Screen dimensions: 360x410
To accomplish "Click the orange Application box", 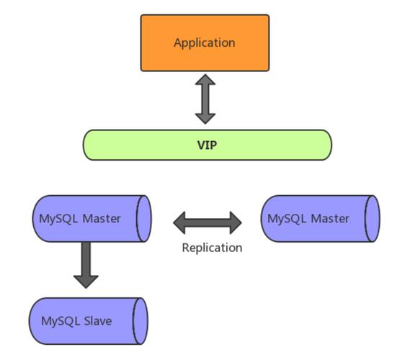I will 205,43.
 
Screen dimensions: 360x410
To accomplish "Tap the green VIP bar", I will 208,145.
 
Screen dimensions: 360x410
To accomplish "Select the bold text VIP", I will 208,145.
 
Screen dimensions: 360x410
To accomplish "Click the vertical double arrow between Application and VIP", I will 206,99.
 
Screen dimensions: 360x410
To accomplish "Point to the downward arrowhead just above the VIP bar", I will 206,117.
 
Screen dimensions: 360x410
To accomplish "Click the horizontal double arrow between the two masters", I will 208,222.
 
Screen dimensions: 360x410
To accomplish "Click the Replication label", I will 212,248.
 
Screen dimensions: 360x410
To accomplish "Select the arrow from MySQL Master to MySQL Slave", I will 86,264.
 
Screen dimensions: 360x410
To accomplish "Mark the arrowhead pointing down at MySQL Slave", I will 86,279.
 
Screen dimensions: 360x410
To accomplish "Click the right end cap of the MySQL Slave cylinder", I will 140,320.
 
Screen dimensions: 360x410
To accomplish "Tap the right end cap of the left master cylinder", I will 144,218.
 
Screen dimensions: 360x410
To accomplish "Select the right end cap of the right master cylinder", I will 371,218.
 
